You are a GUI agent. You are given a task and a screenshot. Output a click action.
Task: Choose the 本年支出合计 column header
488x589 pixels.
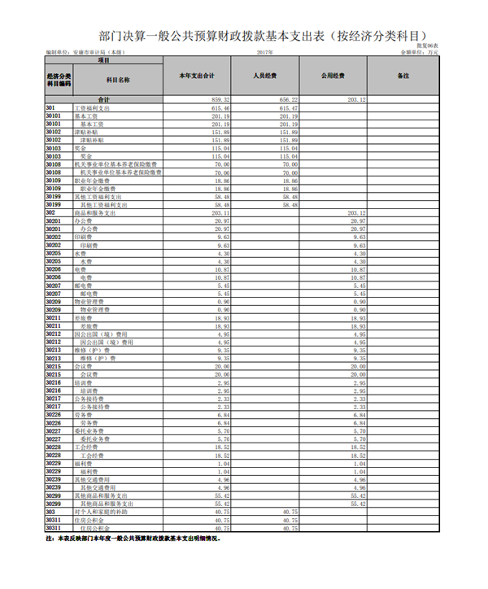click(197, 76)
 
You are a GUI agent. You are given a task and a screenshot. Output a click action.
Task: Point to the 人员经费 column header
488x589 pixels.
click(266, 76)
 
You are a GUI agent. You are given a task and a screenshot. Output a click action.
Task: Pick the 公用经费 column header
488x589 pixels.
click(333, 76)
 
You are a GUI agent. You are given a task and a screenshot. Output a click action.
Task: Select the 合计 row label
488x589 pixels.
click(103, 99)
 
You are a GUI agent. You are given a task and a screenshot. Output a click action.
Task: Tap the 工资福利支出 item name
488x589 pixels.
click(92, 107)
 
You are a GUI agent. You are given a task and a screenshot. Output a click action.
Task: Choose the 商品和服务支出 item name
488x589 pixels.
click(94, 212)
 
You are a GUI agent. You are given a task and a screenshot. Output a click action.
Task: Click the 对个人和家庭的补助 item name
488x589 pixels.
click(99, 511)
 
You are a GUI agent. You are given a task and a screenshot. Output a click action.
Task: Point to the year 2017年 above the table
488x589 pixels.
click(264, 51)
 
